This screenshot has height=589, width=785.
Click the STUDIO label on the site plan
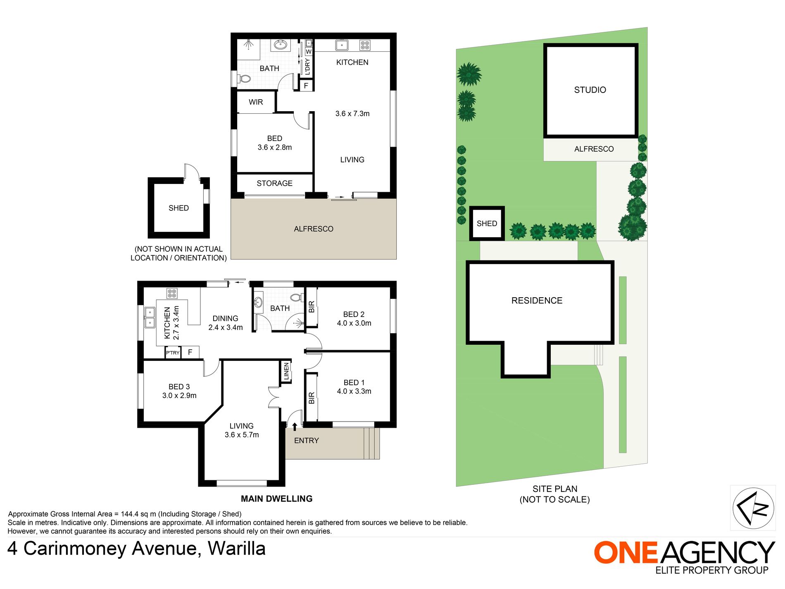tap(590, 90)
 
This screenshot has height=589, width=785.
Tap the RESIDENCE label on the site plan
tap(537, 301)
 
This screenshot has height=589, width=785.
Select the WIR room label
tap(256, 102)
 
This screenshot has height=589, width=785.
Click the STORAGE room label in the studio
tap(274, 184)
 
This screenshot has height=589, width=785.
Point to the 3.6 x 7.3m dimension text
tap(352, 114)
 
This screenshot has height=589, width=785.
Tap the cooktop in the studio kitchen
tap(364, 45)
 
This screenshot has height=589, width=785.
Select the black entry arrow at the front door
tap(295, 427)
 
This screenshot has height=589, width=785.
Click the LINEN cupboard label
tap(286, 371)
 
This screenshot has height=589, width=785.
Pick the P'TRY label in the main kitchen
tap(173, 353)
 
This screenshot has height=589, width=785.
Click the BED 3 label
tap(179, 387)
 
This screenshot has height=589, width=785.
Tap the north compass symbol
tap(753, 508)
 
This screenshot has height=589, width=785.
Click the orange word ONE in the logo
tap(626, 553)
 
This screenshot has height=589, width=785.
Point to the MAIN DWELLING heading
tap(276, 499)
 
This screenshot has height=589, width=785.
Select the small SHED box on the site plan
tap(487, 224)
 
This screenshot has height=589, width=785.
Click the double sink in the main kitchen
tap(150, 317)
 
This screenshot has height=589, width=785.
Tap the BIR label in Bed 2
tap(312, 307)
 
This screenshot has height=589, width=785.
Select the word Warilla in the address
tap(236, 549)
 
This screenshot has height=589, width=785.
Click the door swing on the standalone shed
tap(192, 171)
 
